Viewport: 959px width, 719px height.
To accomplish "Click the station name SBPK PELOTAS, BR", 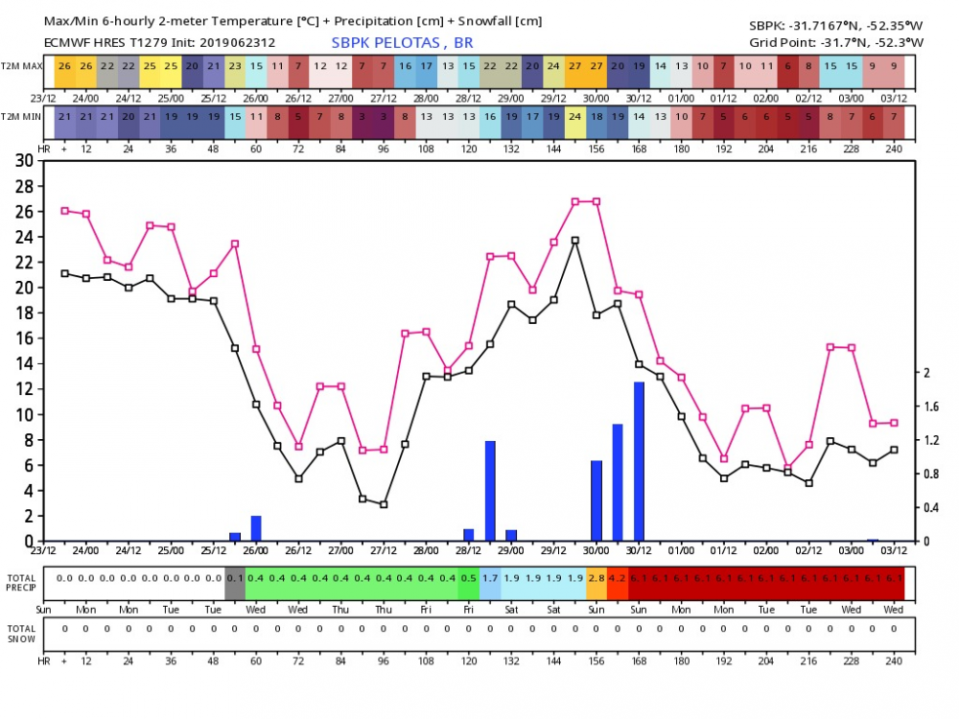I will (x=402, y=42).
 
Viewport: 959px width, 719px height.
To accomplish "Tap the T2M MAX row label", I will (x=21, y=65).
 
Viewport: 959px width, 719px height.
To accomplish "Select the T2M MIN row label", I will (x=21, y=115).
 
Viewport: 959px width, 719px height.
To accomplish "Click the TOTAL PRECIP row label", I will (x=21, y=582).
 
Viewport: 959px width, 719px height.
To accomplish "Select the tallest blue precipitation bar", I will (x=639, y=461).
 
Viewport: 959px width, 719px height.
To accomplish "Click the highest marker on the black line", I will (x=575, y=241).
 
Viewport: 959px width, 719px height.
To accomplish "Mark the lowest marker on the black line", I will (x=384, y=504).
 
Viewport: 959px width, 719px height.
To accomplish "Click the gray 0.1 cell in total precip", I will (x=235, y=578).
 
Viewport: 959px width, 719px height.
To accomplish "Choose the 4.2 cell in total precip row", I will (x=618, y=578).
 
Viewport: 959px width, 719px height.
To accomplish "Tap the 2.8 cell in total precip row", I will (x=596, y=578).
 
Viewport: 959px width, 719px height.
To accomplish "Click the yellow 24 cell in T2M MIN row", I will (x=575, y=116).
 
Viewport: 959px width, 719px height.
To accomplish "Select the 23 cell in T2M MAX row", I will (x=235, y=66).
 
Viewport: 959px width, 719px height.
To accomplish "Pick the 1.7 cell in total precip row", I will (x=490, y=578).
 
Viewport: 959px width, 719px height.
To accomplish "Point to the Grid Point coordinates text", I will (x=836, y=42).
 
